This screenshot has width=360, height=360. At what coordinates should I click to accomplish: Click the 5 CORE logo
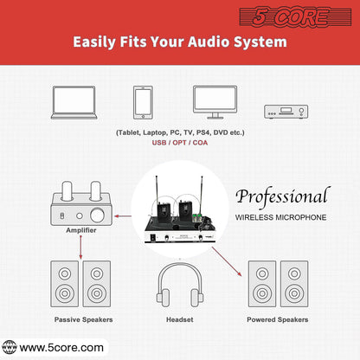point(295,16)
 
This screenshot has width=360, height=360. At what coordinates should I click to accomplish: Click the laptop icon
point(74,102)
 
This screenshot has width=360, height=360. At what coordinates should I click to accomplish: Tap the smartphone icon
point(143,102)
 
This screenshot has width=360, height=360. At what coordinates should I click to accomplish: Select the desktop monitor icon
point(215,102)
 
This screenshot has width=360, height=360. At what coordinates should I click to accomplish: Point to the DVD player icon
point(286,112)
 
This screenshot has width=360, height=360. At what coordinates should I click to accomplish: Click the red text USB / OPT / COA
point(180,143)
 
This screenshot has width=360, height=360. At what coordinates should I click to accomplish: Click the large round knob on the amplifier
point(97,215)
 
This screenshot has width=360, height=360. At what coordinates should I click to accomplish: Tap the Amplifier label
point(81,230)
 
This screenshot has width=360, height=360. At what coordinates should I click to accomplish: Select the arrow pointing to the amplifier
point(123,215)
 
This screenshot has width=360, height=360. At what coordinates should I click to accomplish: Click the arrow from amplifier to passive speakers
point(80,247)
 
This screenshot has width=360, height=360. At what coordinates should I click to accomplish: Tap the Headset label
point(180,319)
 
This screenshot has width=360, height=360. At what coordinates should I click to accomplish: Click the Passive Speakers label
point(84,319)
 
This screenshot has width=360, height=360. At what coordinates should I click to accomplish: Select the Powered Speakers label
point(278,319)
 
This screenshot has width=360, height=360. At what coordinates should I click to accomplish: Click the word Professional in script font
point(283,196)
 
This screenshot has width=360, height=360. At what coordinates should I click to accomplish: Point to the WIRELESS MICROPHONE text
point(280,217)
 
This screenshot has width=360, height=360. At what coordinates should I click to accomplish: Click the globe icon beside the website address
point(10,347)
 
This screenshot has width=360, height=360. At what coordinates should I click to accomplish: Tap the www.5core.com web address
point(61,348)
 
